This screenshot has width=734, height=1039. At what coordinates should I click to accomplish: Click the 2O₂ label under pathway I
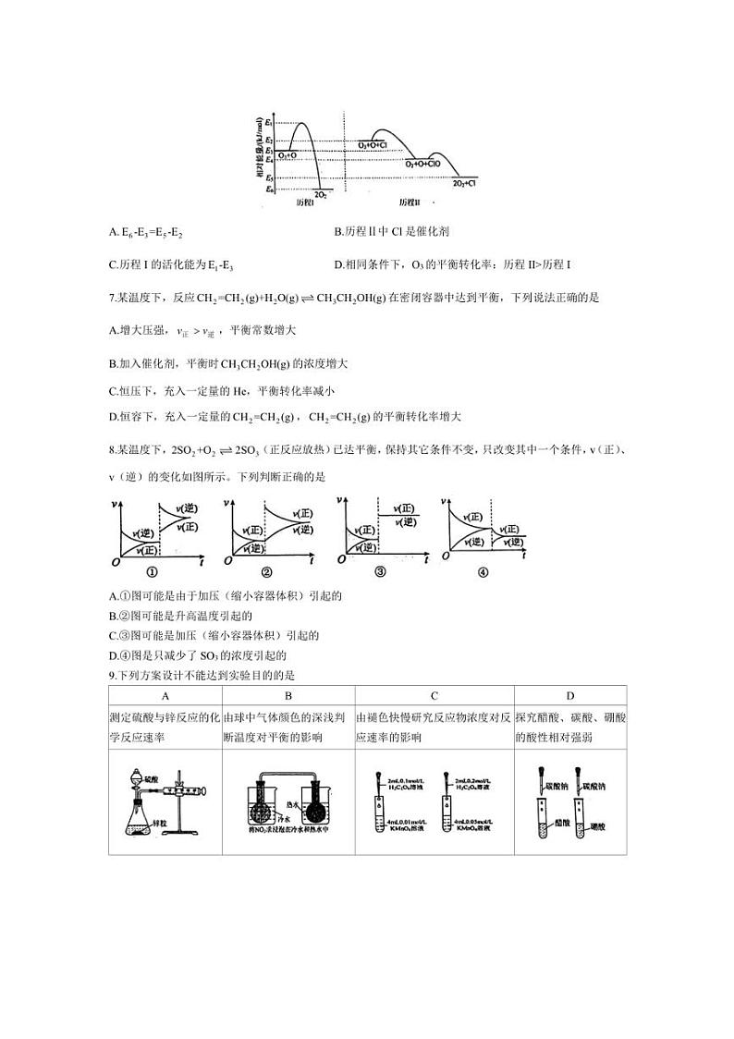320,195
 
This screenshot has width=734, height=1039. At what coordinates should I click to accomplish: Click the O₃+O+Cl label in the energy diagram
372,145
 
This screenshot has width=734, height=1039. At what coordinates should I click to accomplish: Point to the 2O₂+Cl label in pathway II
464,184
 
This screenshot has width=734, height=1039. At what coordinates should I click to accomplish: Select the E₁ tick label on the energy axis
268,122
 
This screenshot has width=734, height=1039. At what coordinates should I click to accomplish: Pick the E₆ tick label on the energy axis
268,189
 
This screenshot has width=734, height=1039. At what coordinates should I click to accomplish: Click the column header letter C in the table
434,696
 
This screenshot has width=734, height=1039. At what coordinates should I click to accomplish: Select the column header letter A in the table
165,696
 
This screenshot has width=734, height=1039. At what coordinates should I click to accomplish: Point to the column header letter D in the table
570,696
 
